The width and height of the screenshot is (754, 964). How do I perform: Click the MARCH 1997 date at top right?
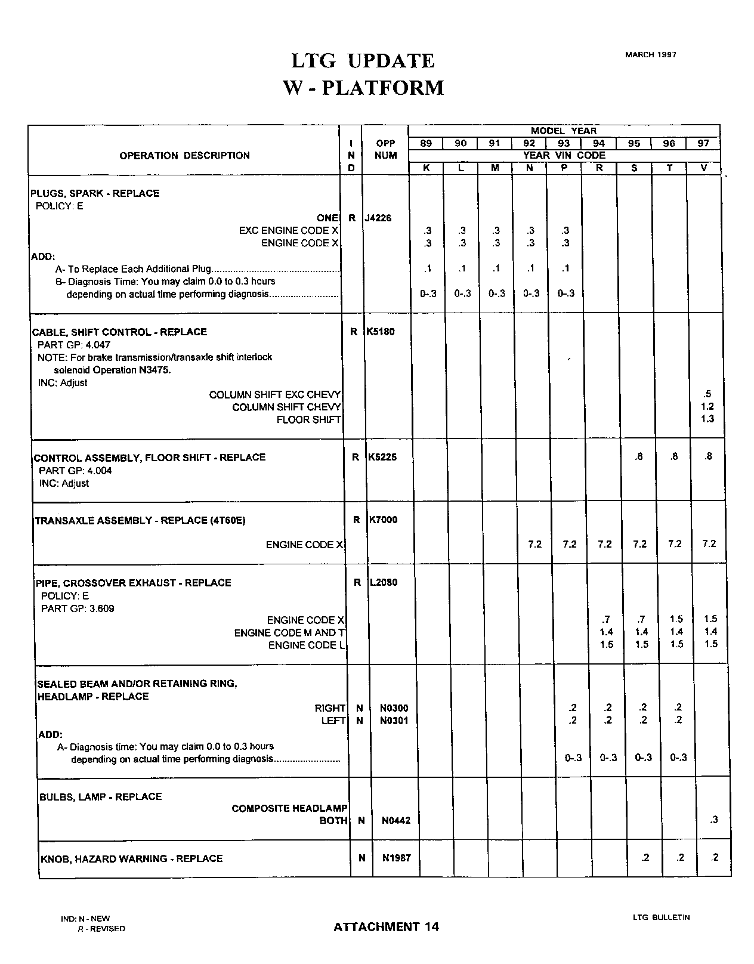[650, 55]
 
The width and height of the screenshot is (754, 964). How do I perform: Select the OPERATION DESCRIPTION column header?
[184, 156]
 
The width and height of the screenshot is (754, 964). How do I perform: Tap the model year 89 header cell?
[426, 144]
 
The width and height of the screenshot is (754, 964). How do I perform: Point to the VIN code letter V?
[704, 168]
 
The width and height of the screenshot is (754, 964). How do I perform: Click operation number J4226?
[378, 218]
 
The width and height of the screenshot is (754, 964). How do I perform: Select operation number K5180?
[381, 332]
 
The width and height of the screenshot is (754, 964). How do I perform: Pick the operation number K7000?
[383, 520]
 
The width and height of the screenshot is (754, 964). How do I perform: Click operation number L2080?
[384, 582]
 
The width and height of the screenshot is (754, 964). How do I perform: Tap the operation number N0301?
[394, 721]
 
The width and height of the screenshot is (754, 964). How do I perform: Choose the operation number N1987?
[396, 858]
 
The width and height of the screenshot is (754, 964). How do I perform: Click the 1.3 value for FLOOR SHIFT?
[707, 419]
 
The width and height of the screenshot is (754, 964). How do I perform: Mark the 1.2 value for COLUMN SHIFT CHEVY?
[707, 406]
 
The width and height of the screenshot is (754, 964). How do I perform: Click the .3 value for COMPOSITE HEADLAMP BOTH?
[714, 820]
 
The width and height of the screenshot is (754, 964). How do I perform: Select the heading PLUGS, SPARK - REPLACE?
[95, 193]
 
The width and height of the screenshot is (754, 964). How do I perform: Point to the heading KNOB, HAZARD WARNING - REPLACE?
[131, 858]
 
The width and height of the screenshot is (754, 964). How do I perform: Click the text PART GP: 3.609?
[78, 608]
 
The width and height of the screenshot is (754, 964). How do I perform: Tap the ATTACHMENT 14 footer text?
[386, 926]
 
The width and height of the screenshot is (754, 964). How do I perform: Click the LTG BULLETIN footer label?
[661, 917]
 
